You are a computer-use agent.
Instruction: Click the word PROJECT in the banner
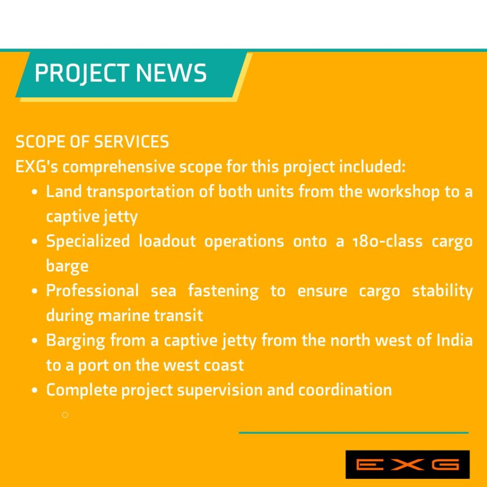point(82,73)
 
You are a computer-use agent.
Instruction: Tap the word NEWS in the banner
point(171,73)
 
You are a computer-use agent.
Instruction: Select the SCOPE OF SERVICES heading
point(92,142)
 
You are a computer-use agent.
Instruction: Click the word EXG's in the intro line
point(37,166)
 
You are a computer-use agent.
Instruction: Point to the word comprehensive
point(118,167)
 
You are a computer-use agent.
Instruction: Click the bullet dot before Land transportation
point(35,192)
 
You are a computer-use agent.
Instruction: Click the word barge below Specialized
point(67,266)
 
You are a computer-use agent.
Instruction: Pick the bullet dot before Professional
point(35,291)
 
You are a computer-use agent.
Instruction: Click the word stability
point(442,291)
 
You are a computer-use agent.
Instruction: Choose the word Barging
point(76,341)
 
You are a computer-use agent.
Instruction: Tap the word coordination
point(345,390)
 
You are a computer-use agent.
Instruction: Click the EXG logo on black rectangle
point(408,465)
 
